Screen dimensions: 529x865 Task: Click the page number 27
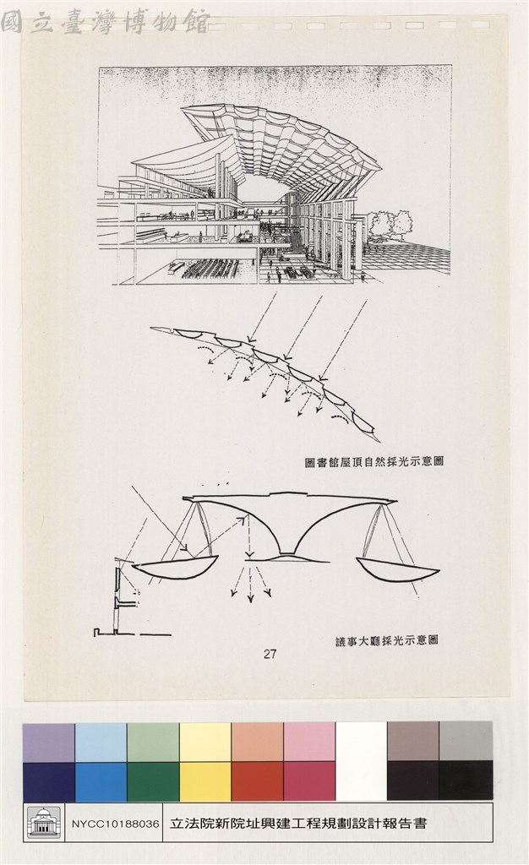(x=270, y=655)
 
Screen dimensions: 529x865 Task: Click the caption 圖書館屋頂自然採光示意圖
(x=374, y=461)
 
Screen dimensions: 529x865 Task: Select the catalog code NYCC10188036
(x=115, y=824)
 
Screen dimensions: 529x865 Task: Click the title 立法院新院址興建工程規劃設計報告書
(x=298, y=824)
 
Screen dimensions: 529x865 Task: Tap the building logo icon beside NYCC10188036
(x=44, y=823)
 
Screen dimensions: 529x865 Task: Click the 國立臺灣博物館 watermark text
(x=105, y=22)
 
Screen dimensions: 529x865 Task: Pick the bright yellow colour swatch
(x=205, y=781)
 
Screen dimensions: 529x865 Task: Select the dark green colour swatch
(x=153, y=781)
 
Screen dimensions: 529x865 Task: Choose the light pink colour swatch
(x=309, y=743)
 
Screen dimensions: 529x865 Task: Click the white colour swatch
(x=361, y=761)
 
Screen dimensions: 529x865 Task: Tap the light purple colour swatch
(x=48, y=743)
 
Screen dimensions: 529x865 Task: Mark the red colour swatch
(x=258, y=781)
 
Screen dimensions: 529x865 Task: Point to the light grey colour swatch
(x=466, y=743)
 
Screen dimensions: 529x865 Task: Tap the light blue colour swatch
(x=101, y=743)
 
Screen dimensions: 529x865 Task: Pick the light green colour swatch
(x=153, y=743)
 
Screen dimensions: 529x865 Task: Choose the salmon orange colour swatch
(x=258, y=743)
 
